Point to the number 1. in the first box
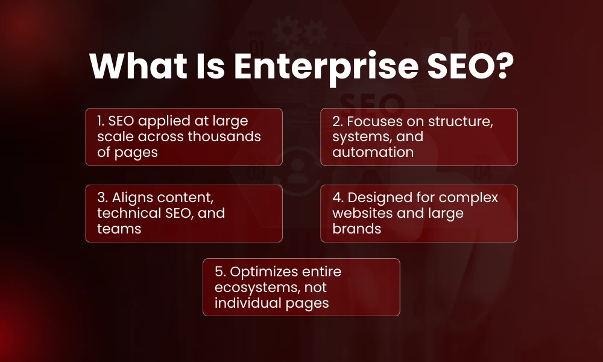click(101, 121)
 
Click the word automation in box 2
click(373, 152)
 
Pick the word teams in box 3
click(119, 229)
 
